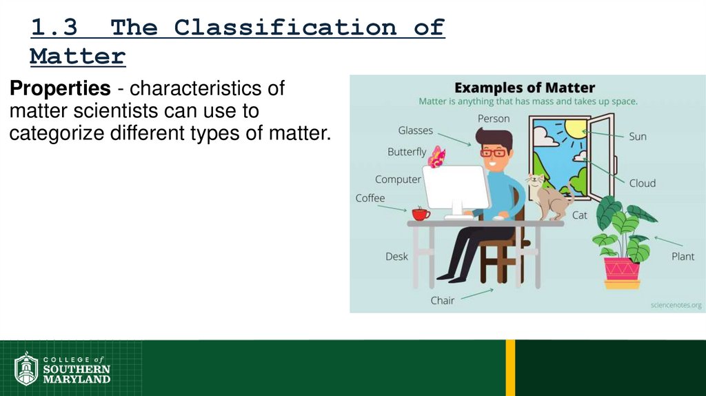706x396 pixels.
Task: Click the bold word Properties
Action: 59,88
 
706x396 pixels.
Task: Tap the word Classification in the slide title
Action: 285,28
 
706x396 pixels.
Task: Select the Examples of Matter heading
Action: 525,88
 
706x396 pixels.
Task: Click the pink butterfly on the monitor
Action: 436,157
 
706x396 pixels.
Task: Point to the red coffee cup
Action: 421,213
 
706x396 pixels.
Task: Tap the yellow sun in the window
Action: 574,128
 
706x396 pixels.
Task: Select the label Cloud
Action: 642,184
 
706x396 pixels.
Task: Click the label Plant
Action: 683,257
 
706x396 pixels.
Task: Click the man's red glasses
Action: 493,152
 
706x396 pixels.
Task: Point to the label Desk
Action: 396,257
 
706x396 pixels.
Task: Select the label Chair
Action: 443,301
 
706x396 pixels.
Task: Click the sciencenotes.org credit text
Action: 675,304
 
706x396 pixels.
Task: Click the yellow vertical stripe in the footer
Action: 510,367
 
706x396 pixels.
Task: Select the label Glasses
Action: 415,130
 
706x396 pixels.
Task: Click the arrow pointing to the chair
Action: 476,295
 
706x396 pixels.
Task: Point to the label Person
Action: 494,119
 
